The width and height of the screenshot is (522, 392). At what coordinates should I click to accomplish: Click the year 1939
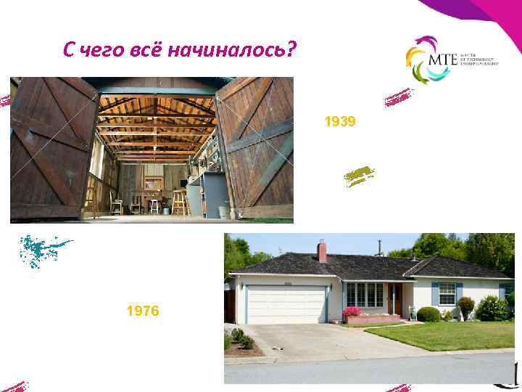click(x=340, y=122)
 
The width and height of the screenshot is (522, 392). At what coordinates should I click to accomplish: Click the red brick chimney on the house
click(x=322, y=250)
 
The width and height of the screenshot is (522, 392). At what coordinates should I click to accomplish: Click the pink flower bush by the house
click(x=352, y=312)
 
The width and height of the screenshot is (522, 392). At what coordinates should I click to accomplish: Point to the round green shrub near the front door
click(x=428, y=314)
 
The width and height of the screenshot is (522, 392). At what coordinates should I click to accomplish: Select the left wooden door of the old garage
click(x=52, y=148)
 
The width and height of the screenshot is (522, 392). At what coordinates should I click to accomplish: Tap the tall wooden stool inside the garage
click(x=178, y=203)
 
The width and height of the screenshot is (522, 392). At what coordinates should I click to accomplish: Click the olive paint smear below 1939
click(x=359, y=176)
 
